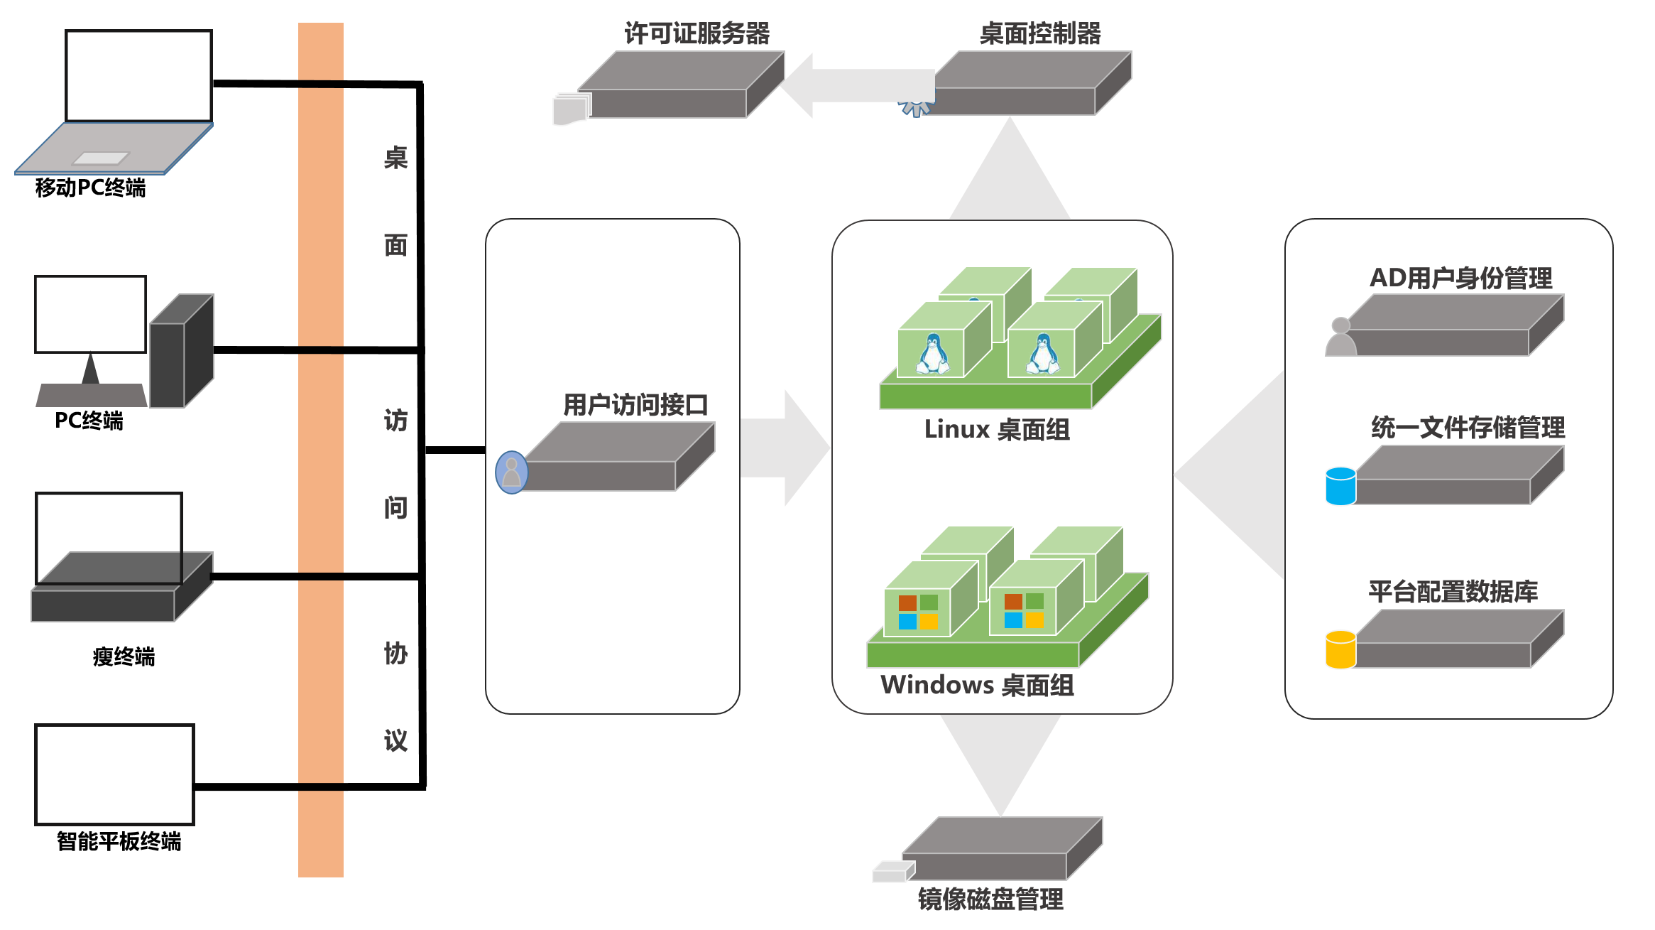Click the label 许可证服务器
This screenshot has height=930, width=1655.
(697, 33)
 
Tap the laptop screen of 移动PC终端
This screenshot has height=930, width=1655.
(138, 76)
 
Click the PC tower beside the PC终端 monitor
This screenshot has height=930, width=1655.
(181, 352)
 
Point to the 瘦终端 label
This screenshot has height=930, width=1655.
(124, 656)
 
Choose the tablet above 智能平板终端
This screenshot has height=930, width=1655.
(114, 774)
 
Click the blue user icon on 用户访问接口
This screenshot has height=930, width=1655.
(511, 472)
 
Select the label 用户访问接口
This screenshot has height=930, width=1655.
(635, 405)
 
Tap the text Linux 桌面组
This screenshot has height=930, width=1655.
(997, 430)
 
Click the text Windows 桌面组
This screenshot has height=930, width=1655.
(977, 686)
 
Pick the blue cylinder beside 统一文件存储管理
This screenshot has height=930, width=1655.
(1340, 486)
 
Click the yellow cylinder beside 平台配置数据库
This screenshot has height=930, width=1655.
(1340, 649)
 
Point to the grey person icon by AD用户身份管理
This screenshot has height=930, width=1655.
(1340, 337)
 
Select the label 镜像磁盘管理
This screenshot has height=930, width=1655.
(990, 899)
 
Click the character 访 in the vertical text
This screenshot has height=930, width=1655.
(395, 420)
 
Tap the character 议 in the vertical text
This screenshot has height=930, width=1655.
(395, 741)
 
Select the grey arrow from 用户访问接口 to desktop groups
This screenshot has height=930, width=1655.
(785, 448)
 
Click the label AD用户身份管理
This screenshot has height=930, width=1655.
(1460, 278)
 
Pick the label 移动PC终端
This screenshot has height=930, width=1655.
(90, 188)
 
